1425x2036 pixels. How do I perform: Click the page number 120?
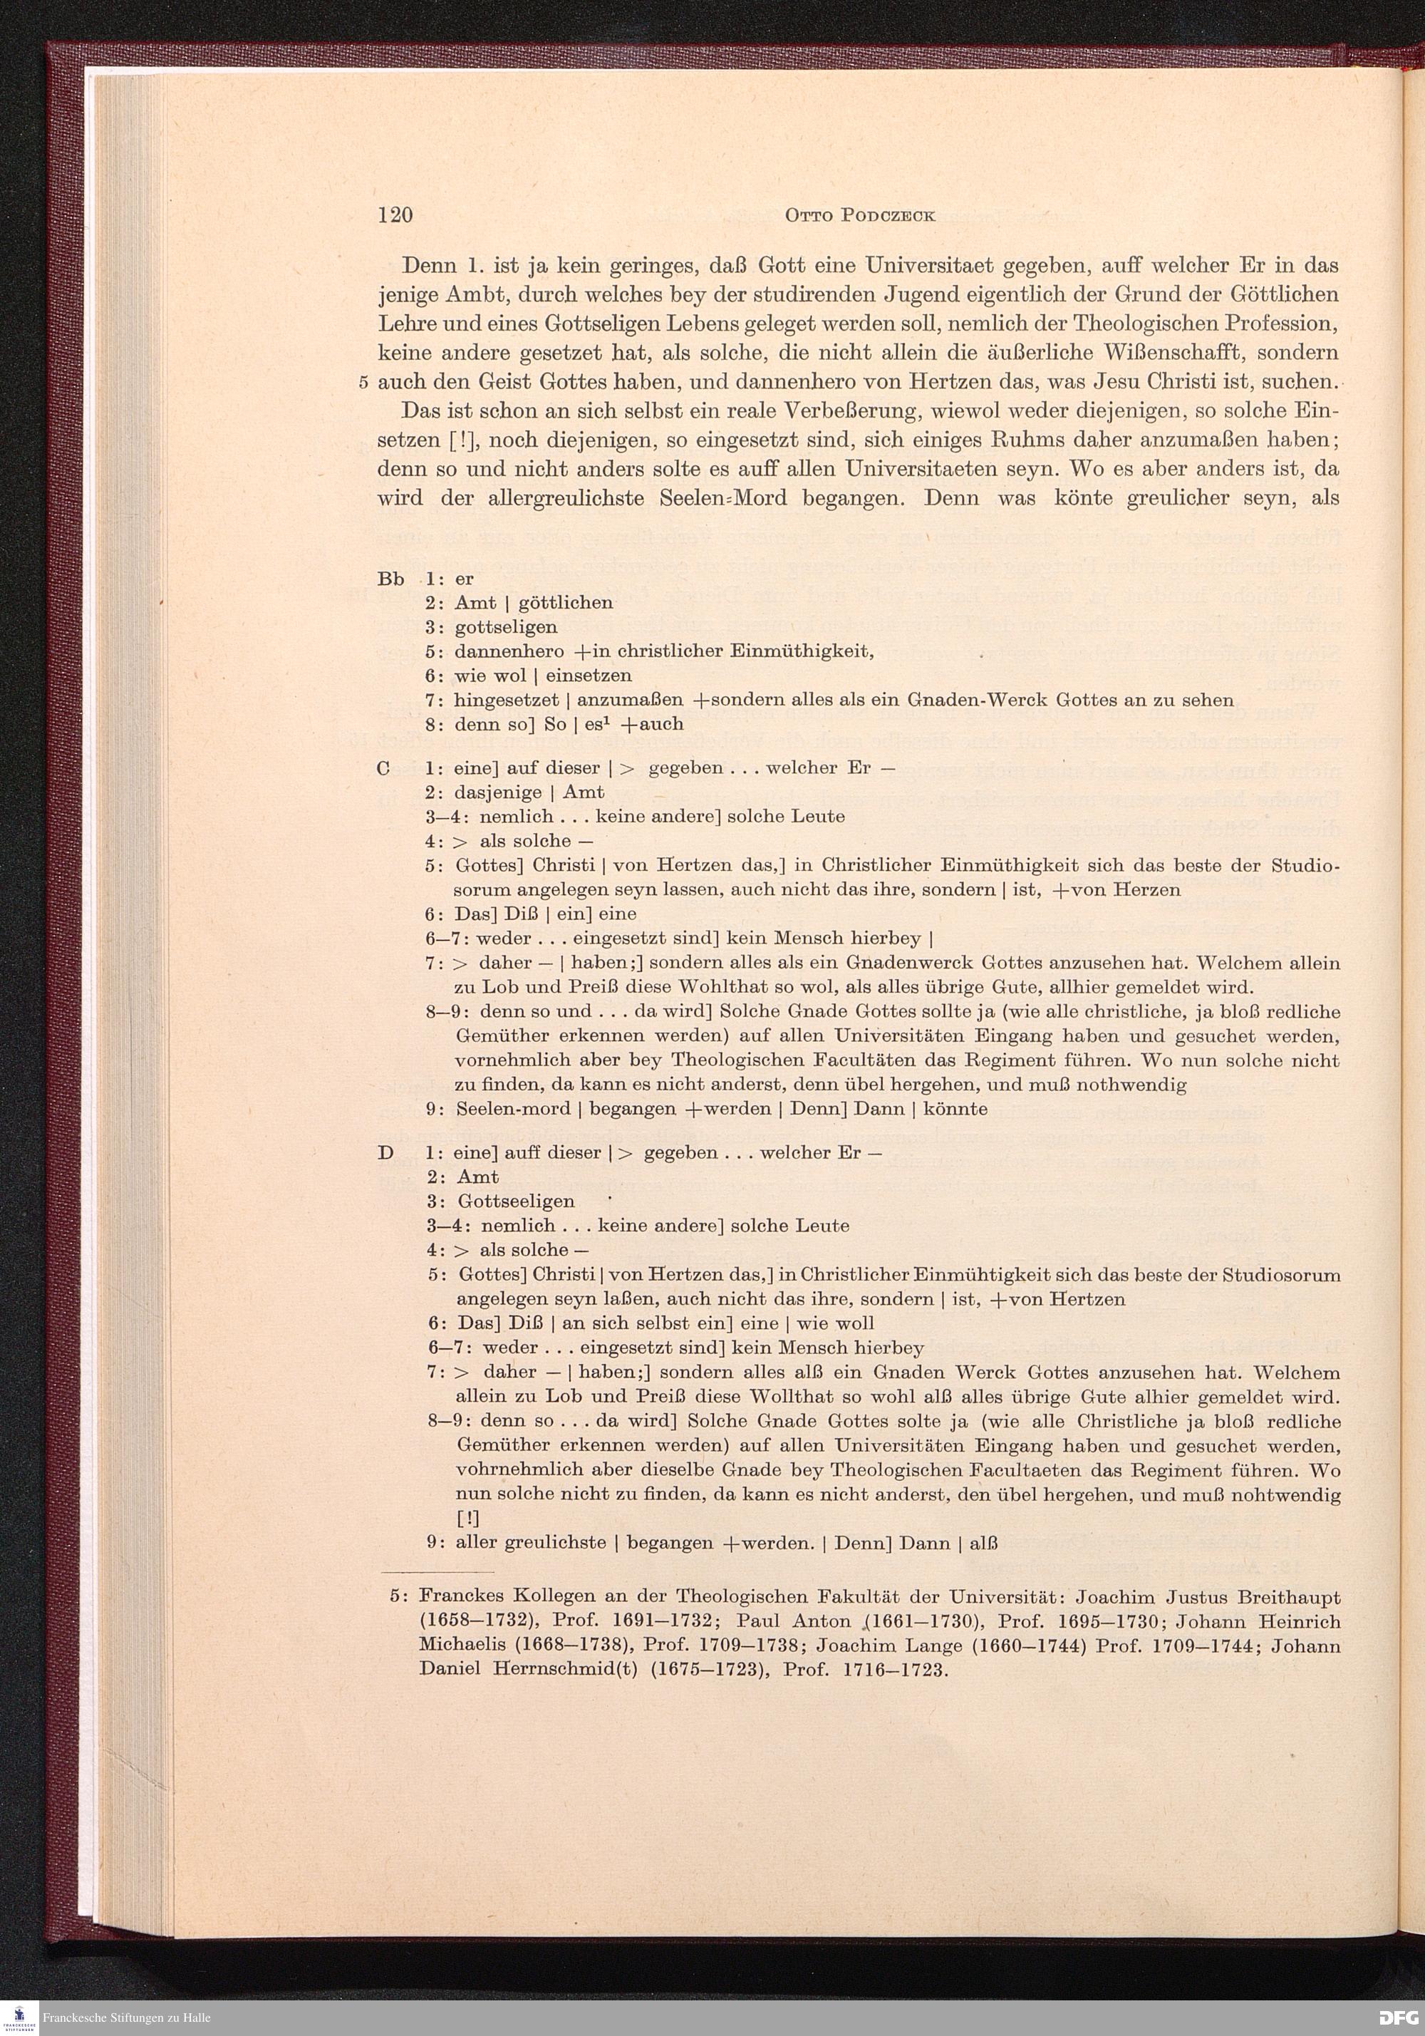coord(395,217)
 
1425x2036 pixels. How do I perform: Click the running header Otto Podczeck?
coord(859,217)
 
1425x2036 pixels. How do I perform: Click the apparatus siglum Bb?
coord(390,579)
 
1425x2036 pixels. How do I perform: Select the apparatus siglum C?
coord(384,769)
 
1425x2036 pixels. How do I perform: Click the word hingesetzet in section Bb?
coord(505,701)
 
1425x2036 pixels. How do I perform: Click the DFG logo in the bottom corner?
coord(1399,2017)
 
